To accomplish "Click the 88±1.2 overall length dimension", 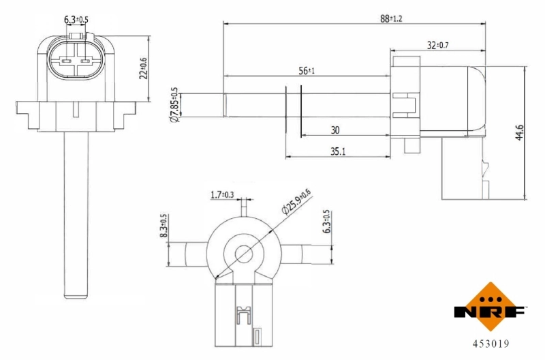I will click(x=391, y=18).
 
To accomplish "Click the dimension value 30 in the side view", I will click(x=335, y=130).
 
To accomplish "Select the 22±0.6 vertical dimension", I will click(x=144, y=68).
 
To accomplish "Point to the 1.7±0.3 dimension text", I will click(x=223, y=196).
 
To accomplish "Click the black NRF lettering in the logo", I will click(x=490, y=313).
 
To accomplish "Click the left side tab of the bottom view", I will click(x=185, y=254).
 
